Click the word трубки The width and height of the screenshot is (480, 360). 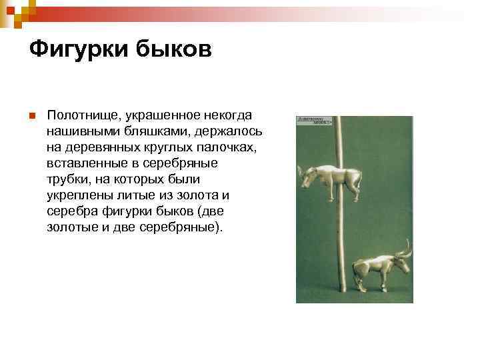pos(68,179)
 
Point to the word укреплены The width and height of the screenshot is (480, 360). pos(77,195)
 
